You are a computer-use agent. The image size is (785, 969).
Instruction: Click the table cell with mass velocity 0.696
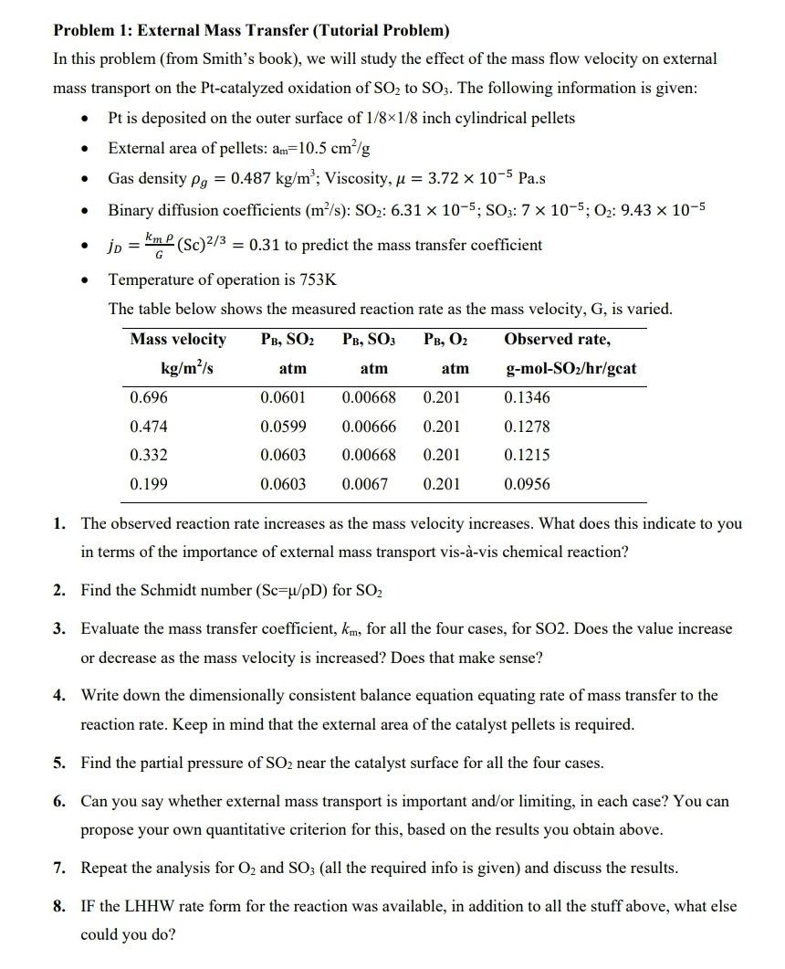click(149, 398)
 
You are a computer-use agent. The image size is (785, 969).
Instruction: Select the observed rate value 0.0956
click(527, 485)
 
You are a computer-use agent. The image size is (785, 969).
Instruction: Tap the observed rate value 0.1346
click(527, 398)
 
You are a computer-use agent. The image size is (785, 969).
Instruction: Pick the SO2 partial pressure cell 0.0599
click(283, 427)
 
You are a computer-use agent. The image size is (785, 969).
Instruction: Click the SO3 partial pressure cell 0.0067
click(364, 485)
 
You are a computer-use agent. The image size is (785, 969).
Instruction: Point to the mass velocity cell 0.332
click(149, 456)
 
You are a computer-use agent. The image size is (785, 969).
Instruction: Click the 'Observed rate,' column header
click(557, 340)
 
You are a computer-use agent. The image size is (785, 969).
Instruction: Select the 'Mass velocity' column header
click(178, 340)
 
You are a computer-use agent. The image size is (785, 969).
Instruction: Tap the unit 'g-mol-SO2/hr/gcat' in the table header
click(570, 369)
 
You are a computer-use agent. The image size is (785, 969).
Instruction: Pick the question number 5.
click(58, 763)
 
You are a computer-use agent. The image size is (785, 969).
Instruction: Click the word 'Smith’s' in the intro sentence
click(241, 58)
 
